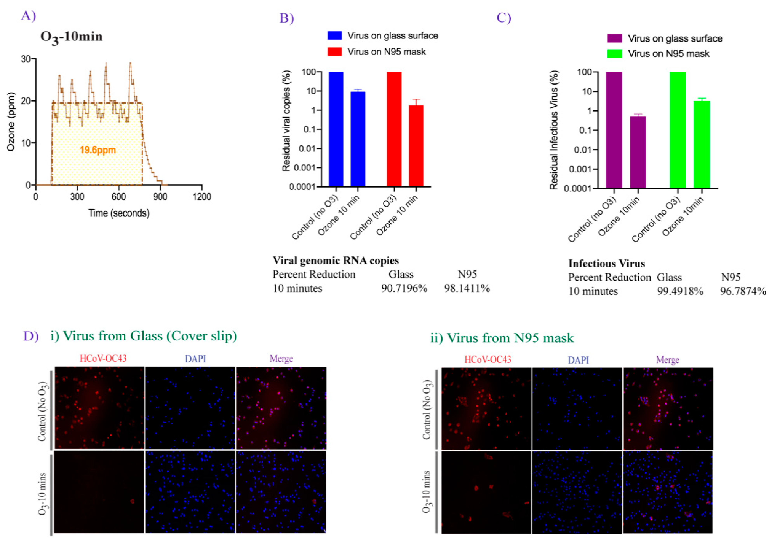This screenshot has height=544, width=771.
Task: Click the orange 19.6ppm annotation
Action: click(98, 150)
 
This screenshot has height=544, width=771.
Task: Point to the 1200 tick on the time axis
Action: click(201, 196)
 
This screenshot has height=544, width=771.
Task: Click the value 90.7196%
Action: click(404, 288)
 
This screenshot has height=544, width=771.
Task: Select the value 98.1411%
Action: click(467, 288)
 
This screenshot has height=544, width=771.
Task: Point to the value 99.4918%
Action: click(680, 291)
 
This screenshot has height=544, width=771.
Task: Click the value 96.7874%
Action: click(743, 291)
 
